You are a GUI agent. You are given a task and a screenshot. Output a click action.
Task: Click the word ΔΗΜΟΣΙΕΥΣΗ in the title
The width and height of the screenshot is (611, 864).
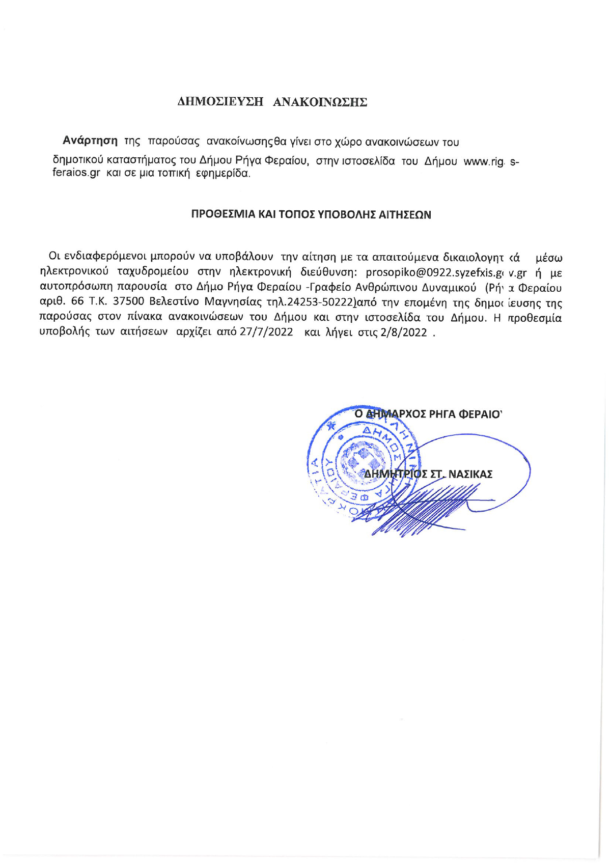pyautogui.click(x=220, y=102)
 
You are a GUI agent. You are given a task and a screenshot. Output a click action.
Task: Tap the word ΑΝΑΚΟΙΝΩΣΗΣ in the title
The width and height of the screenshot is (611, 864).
pyautogui.click(x=320, y=102)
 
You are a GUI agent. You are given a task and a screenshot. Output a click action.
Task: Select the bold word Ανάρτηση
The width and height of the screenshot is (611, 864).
pyautogui.click(x=90, y=141)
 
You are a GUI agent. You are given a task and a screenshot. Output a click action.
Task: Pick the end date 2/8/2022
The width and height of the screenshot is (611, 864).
pyautogui.click(x=402, y=332)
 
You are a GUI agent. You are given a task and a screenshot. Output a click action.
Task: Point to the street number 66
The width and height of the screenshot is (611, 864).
pyautogui.click(x=77, y=302)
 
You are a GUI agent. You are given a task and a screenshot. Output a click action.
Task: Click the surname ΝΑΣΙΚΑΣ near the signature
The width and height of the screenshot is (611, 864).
pyautogui.click(x=470, y=475)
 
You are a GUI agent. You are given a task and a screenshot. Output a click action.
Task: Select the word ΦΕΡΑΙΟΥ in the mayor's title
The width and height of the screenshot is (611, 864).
pyautogui.click(x=481, y=413)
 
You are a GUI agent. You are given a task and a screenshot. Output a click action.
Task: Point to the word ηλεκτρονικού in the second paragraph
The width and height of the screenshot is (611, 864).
pyautogui.click(x=74, y=272)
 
